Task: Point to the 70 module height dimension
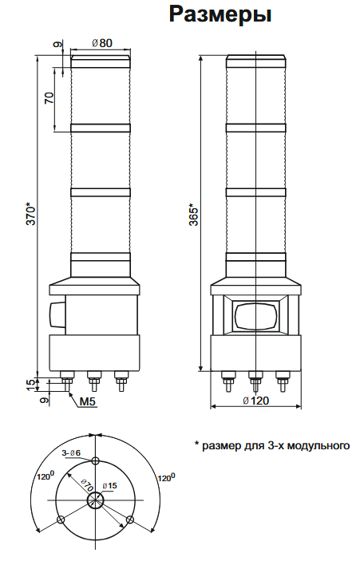coord(49,98)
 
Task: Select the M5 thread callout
coord(88,401)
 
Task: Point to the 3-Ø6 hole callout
coord(71,453)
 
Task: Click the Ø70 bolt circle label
coord(83,484)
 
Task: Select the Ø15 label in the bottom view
coord(109,485)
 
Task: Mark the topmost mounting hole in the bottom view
coord(95,461)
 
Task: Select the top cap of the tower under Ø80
coord(101,59)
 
